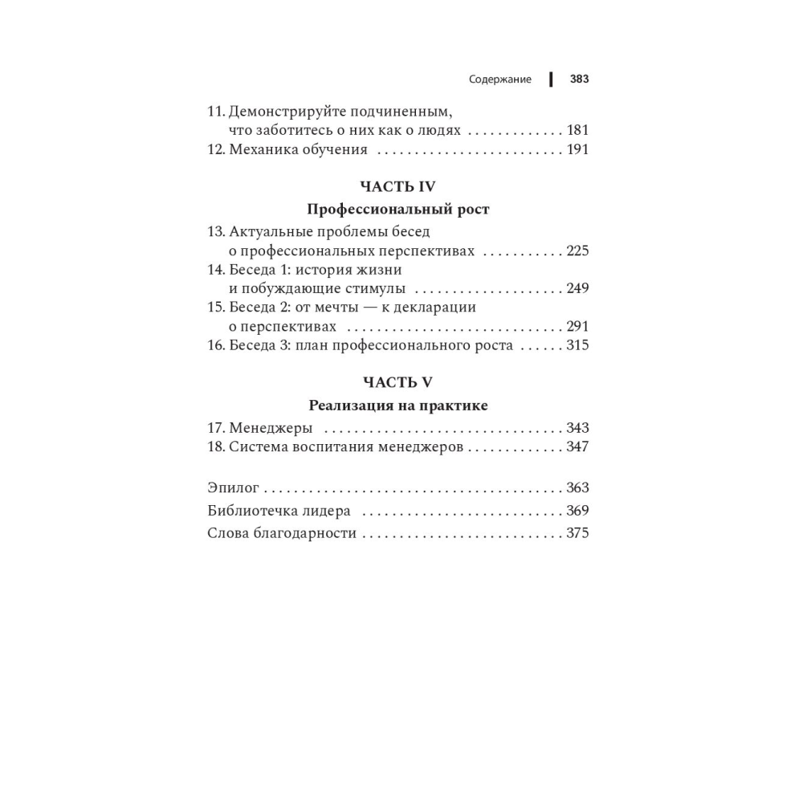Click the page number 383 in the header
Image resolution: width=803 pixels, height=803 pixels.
click(579, 79)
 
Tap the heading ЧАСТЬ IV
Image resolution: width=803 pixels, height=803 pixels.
click(397, 186)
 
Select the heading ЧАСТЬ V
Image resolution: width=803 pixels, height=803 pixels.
click(397, 382)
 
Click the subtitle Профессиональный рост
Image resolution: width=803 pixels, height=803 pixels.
click(398, 210)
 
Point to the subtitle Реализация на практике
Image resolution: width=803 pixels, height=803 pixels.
click(398, 406)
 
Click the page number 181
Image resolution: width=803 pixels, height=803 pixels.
click(577, 130)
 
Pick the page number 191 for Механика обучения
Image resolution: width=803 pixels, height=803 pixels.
click(577, 149)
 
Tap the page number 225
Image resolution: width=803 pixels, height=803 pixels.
click(577, 251)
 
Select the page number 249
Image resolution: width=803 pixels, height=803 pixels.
click(577, 288)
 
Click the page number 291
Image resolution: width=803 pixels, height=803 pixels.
click(577, 326)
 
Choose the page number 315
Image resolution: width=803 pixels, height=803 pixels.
click(577, 345)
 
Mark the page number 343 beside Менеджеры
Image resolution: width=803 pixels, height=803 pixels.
click(577, 428)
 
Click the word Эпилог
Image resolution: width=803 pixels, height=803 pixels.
click(234, 488)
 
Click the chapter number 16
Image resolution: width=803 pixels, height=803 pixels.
click(215, 345)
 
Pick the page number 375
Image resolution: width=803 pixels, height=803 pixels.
click(577, 533)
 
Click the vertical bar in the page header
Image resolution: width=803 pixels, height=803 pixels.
click(551, 79)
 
